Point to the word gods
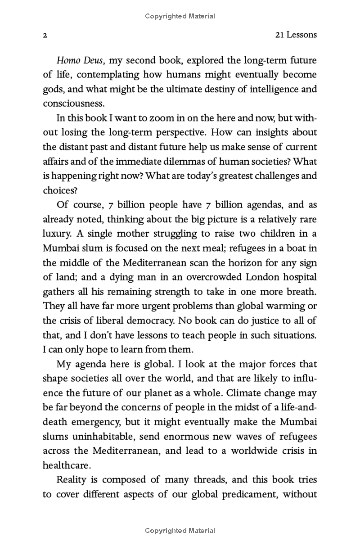tap(53, 89)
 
